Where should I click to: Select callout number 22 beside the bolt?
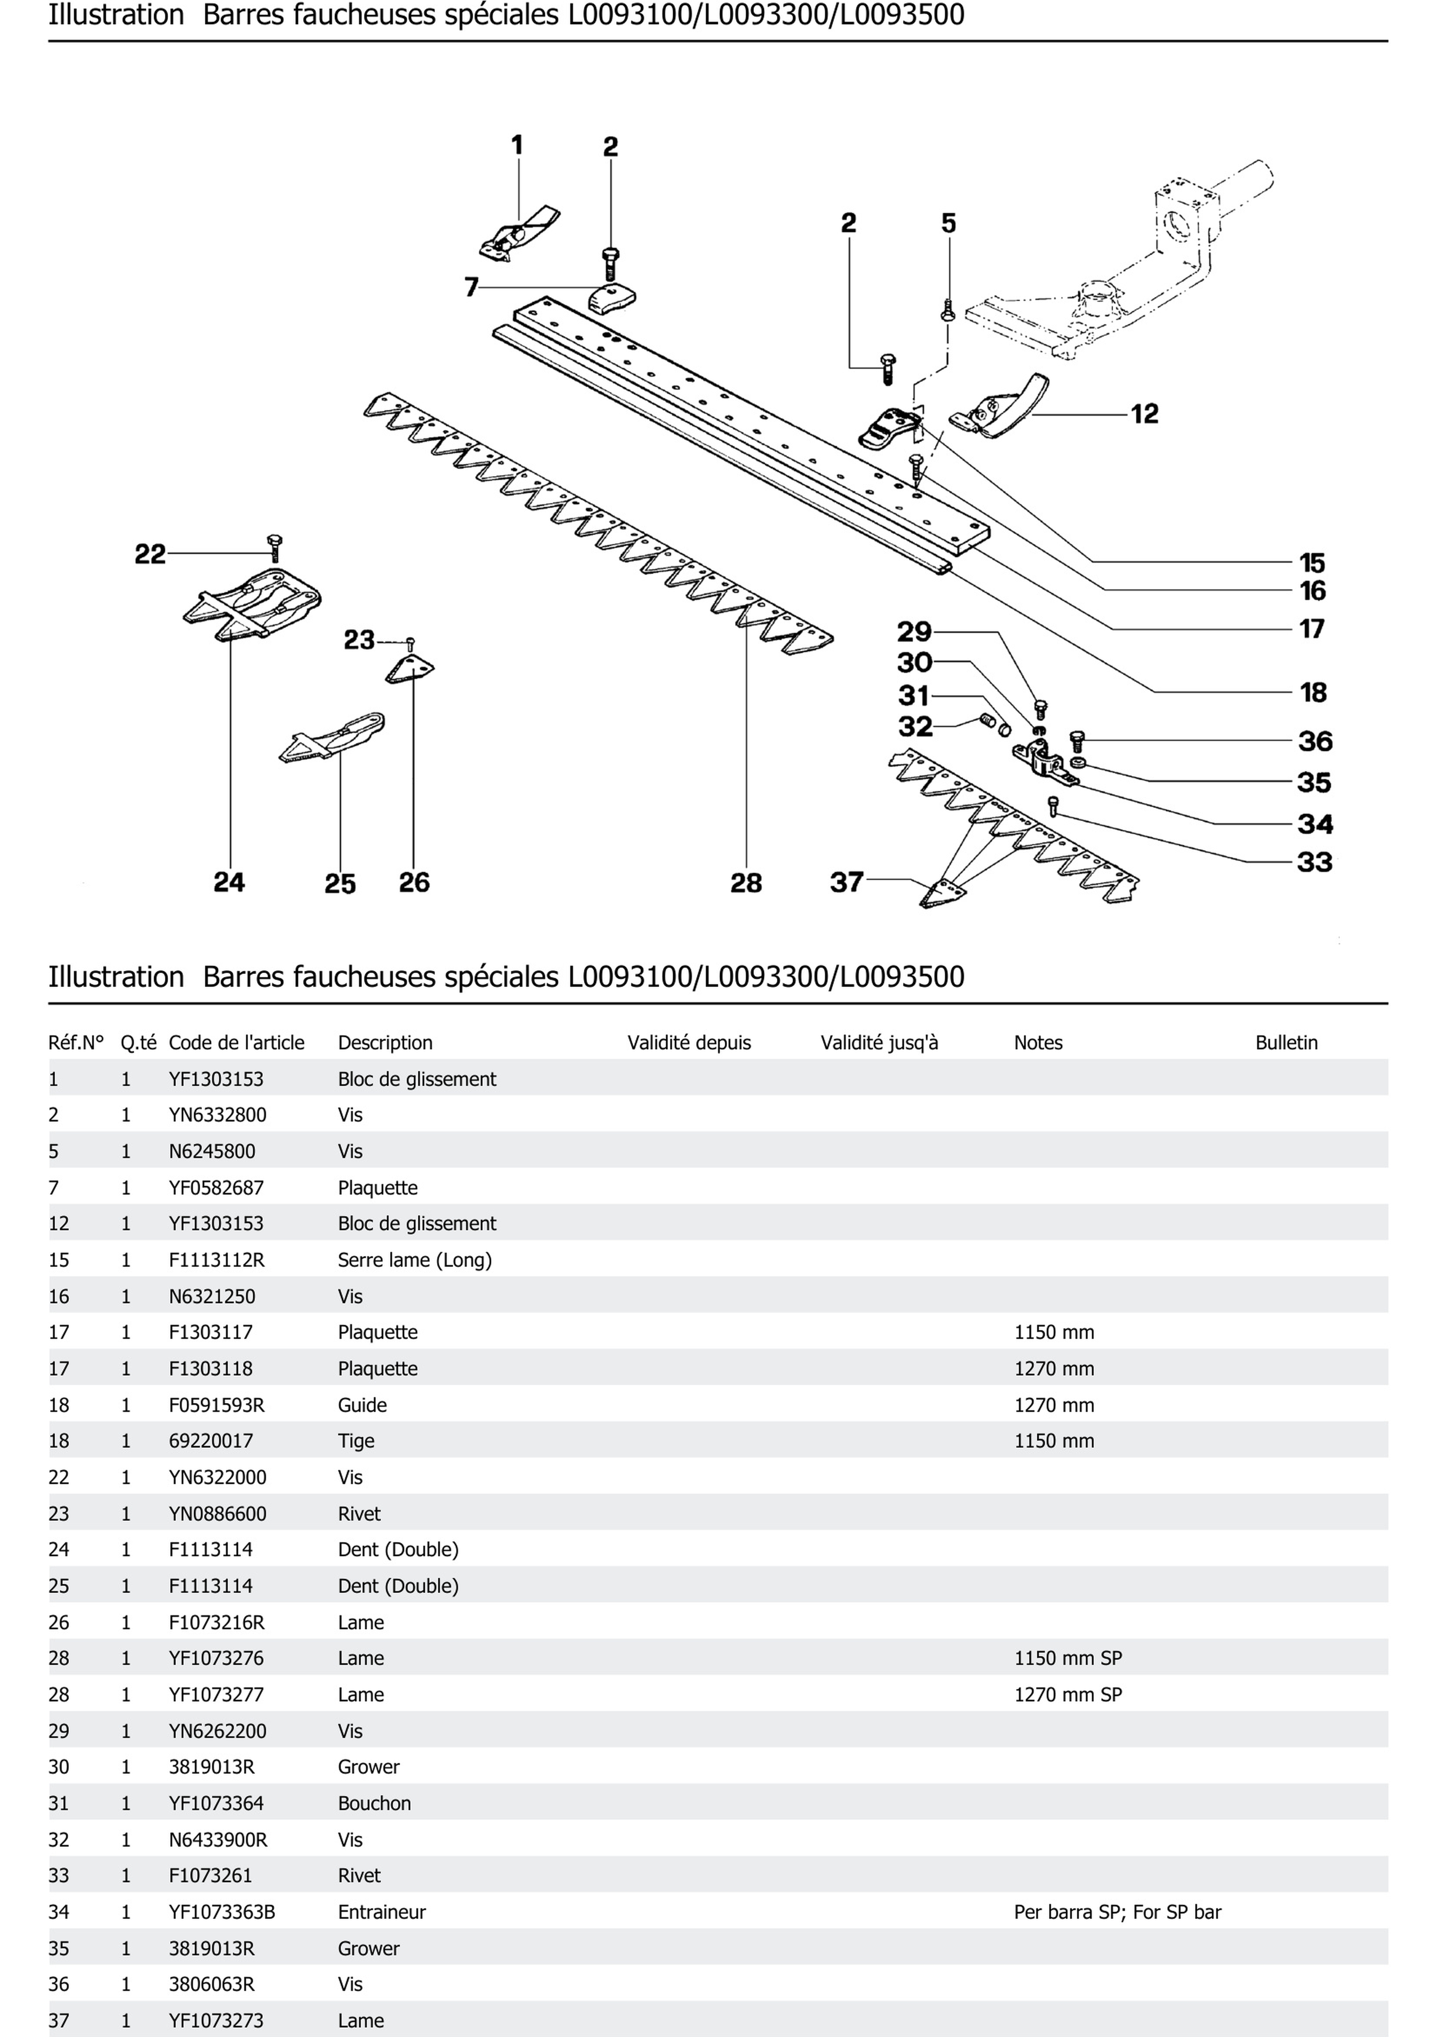pyautogui.click(x=150, y=555)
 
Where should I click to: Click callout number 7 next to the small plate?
pyautogui.click(x=471, y=287)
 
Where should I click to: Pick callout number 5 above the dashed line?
pyautogui.click(x=948, y=223)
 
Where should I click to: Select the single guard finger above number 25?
pyautogui.click(x=333, y=736)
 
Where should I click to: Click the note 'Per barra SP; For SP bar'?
pyautogui.click(x=1117, y=1912)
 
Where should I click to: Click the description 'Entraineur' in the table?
pyautogui.click(x=382, y=1912)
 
